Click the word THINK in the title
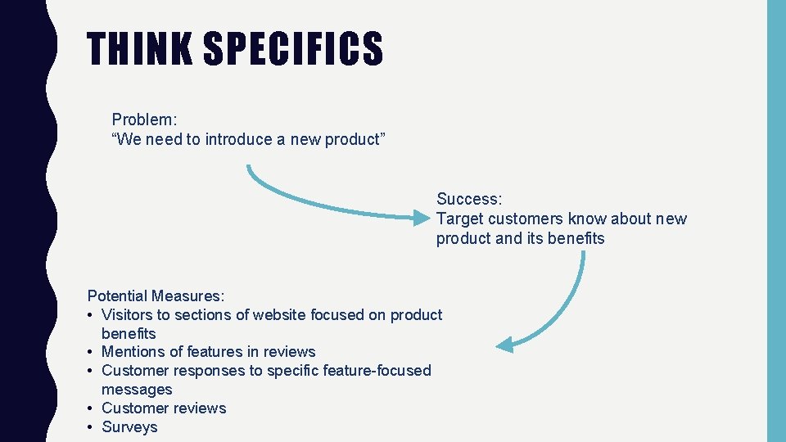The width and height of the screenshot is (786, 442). pos(138,49)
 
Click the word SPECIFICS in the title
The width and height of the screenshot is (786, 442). pos(292,49)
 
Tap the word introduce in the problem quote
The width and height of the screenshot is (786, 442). pos(237,139)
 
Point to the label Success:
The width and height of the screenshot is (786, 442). pos(469,199)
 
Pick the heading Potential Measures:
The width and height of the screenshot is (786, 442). pos(156,295)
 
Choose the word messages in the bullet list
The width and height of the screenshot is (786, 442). pos(137,390)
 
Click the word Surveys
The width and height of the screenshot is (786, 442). pos(129,427)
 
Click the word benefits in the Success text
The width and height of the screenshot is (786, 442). pos(576,238)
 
